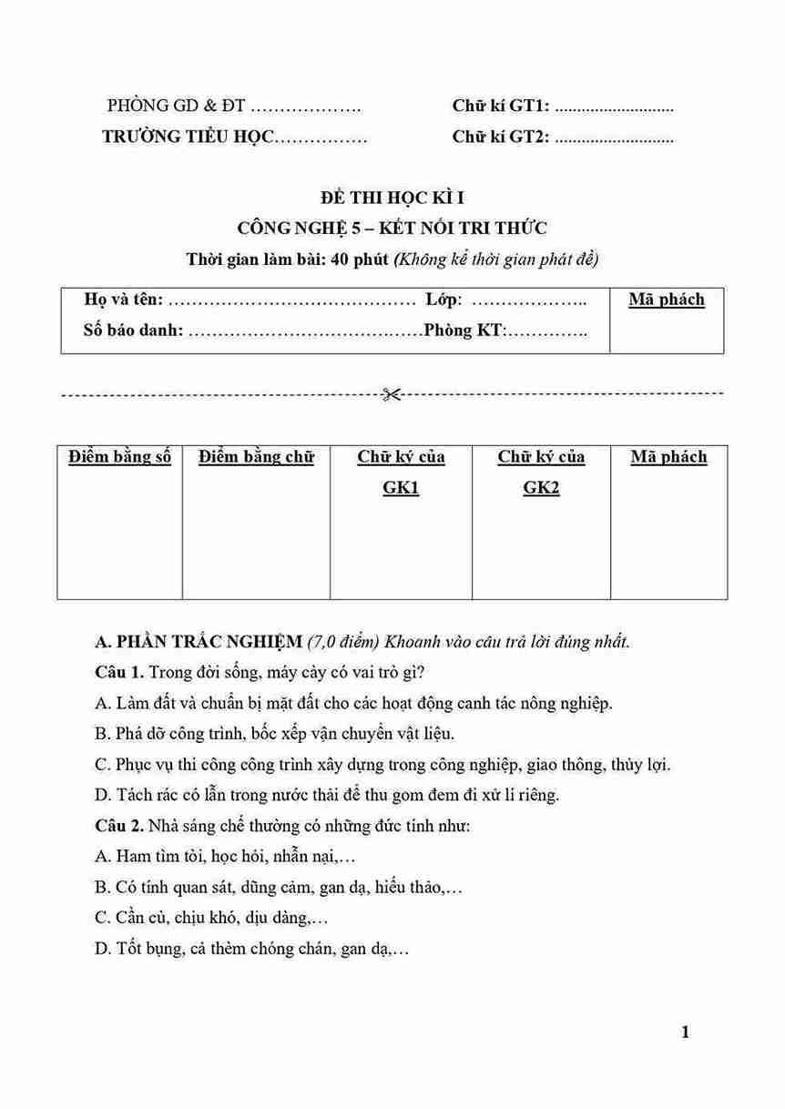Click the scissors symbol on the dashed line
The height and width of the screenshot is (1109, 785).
point(392,394)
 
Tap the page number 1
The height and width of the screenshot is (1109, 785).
point(685,1033)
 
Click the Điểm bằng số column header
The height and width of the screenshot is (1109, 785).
point(119,457)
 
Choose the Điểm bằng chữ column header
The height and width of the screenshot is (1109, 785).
point(256,457)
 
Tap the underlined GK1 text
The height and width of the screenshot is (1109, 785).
point(401,488)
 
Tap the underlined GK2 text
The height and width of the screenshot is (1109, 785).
point(541,488)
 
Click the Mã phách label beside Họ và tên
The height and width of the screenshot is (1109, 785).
point(667,300)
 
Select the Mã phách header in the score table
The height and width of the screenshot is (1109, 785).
point(668,457)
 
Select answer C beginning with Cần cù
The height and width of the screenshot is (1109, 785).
point(211,918)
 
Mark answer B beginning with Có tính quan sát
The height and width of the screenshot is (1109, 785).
point(278,887)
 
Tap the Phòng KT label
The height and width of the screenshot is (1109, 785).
point(464,331)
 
